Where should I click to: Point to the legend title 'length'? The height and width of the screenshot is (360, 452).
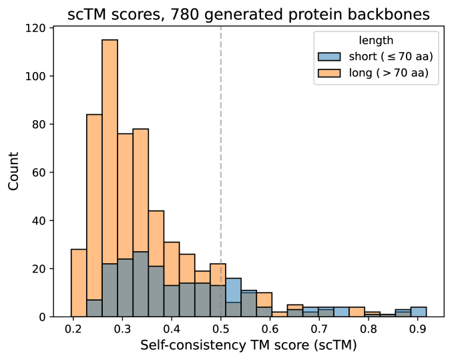point(375,41)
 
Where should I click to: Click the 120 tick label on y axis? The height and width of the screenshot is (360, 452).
point(35,28)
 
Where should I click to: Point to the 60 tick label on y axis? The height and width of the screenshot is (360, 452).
point(37,172)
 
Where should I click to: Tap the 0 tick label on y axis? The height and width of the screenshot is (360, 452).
point(40,317)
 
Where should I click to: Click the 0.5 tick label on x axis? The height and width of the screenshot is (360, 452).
point(221,329)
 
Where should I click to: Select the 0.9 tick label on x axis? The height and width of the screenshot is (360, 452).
point(418,329)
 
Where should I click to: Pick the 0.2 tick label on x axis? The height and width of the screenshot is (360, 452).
point(73,329)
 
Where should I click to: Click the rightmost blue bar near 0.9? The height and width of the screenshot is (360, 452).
point(419,312)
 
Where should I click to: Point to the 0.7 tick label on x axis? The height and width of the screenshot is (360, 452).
point(319,329)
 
